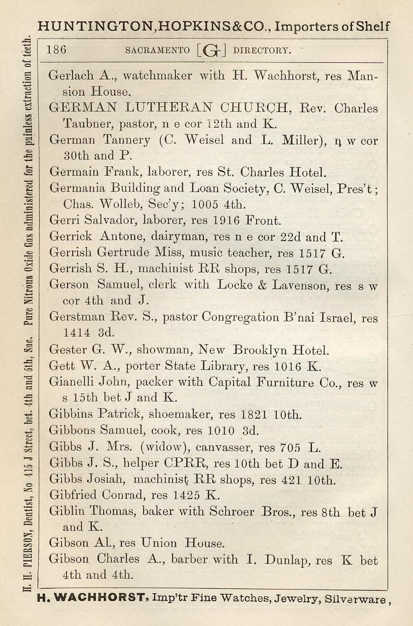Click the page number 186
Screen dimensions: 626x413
(57, 50)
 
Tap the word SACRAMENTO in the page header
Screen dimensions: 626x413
(158, 51)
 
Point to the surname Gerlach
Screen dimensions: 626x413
(72, 76)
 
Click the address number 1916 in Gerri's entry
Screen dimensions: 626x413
(223, 221)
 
